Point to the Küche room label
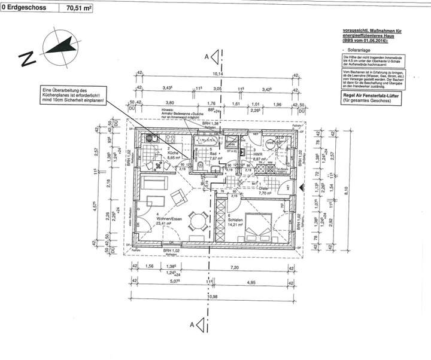[x=172, y=153]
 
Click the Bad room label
[x=213, y=153]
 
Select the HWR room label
[x=259, y=153]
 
